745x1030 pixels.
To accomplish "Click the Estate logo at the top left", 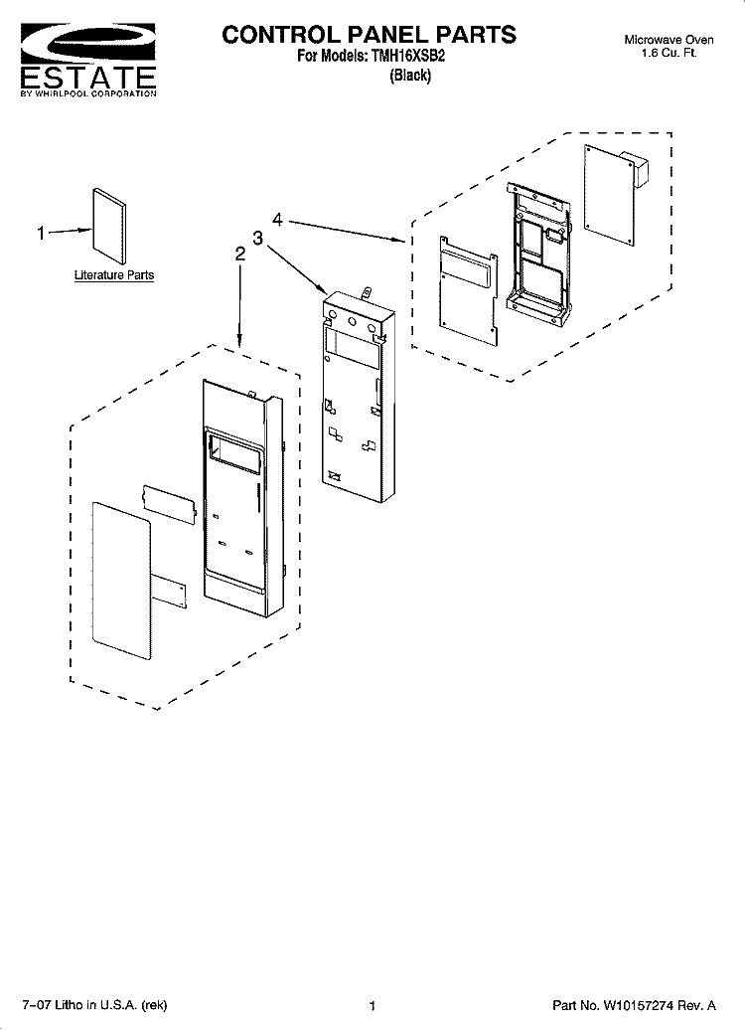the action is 88,60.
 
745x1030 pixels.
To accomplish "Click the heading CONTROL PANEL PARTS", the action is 369,34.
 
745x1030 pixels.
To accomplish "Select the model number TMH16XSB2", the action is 407,56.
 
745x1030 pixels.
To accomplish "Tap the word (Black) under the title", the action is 410,76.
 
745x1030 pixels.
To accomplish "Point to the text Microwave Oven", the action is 669,40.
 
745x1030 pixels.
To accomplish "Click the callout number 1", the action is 42,234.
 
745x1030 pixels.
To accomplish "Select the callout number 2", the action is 239,255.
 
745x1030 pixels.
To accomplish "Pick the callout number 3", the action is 257,238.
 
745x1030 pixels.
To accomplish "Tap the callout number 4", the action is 278,220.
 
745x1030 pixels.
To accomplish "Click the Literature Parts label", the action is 114,275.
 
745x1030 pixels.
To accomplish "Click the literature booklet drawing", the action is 109,226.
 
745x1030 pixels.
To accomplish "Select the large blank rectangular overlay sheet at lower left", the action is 122,581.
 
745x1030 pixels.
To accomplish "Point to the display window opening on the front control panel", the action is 234,452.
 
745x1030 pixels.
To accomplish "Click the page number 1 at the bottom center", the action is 372,1006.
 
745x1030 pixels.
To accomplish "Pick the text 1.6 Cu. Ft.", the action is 669,53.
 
